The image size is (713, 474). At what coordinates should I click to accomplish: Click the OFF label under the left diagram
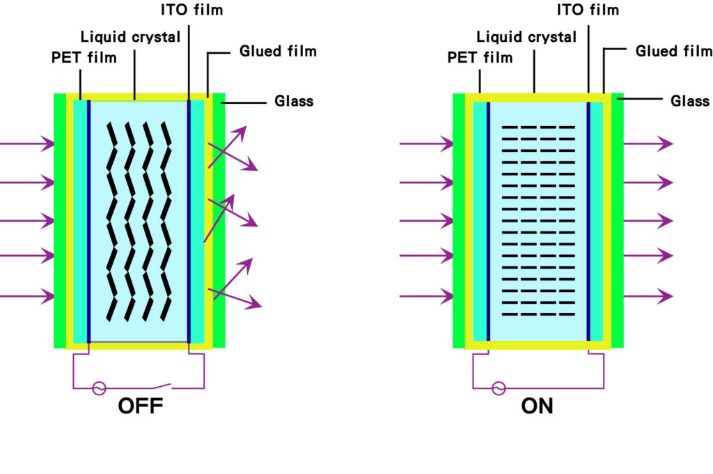[x=141, y=406]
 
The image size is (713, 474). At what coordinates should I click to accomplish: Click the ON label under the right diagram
[x=537, y=406]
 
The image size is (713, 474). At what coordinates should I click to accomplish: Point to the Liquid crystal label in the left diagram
[x=129, y=36]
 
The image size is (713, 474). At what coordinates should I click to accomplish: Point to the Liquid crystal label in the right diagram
[x=527, y=36]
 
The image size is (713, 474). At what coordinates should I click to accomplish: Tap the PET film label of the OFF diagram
[x=84, y=56]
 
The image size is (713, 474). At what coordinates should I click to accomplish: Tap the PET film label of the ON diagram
[x=480, y=56]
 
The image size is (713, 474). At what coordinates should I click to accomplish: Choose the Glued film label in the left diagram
[x=278, y=51]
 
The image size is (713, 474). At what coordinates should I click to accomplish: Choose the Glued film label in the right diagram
[x=673, y=51]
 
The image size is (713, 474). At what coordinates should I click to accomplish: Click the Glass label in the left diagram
[x=294, y=101]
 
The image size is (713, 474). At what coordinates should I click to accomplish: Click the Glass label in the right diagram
[x=690, y=101]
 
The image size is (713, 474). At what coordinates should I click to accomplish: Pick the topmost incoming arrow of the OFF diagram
[x=26, y=144]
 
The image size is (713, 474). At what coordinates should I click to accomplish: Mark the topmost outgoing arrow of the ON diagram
[x=648, y=144]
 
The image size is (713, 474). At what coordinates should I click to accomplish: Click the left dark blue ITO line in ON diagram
[x=488, y=221]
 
